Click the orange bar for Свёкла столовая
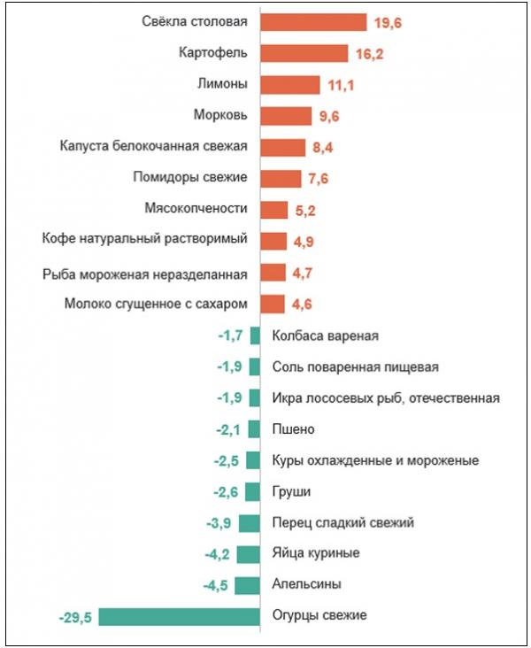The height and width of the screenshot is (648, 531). [x=313, y=22]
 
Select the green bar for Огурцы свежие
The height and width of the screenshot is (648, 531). [x=179, y=615]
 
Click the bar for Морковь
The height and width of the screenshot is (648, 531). [x=286, y=115]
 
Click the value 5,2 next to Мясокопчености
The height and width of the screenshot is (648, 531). [x=306, y=210]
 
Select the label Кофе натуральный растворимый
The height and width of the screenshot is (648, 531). [x=144, y=240]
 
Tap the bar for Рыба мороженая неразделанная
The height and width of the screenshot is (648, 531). [x=273, y=272]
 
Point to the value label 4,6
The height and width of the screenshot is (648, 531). [x=302, y=305]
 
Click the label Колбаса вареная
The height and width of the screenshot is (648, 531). [x=325, y=336]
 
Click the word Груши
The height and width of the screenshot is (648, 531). [x=292, y=491]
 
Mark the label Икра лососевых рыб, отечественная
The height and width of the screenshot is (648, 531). [x=386, y=397]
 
